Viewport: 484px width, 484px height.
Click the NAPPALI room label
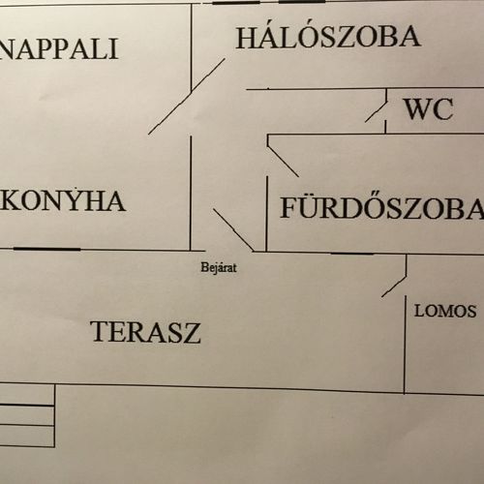pos(59,49)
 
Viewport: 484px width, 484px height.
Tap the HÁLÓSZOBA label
pos(328,38)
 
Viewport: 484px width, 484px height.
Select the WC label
pos(429,109)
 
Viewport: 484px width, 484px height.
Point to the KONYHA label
pos(63,201)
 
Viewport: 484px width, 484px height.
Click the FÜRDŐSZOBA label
pos(382,207)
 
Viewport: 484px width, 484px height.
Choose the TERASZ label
pos(145,332)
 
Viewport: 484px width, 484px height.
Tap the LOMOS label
pos(445,311)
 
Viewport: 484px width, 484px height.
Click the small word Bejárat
pos(219,267)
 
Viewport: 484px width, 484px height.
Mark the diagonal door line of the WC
pos(376,111)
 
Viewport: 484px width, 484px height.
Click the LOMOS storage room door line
pos(394,286)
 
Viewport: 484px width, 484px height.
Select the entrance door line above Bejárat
pos(233,229)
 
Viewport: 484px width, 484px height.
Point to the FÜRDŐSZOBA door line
pos(283,162)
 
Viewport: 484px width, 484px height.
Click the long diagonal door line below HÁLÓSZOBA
pos(187,96)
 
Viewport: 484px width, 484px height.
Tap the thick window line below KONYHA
pos(46,249)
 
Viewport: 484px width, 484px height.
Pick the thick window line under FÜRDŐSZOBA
pos(352,254)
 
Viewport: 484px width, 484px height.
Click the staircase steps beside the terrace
pos(27,415)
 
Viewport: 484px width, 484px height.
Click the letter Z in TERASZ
pos(191,333)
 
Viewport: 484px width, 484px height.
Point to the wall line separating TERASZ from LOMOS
pos(405,345)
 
